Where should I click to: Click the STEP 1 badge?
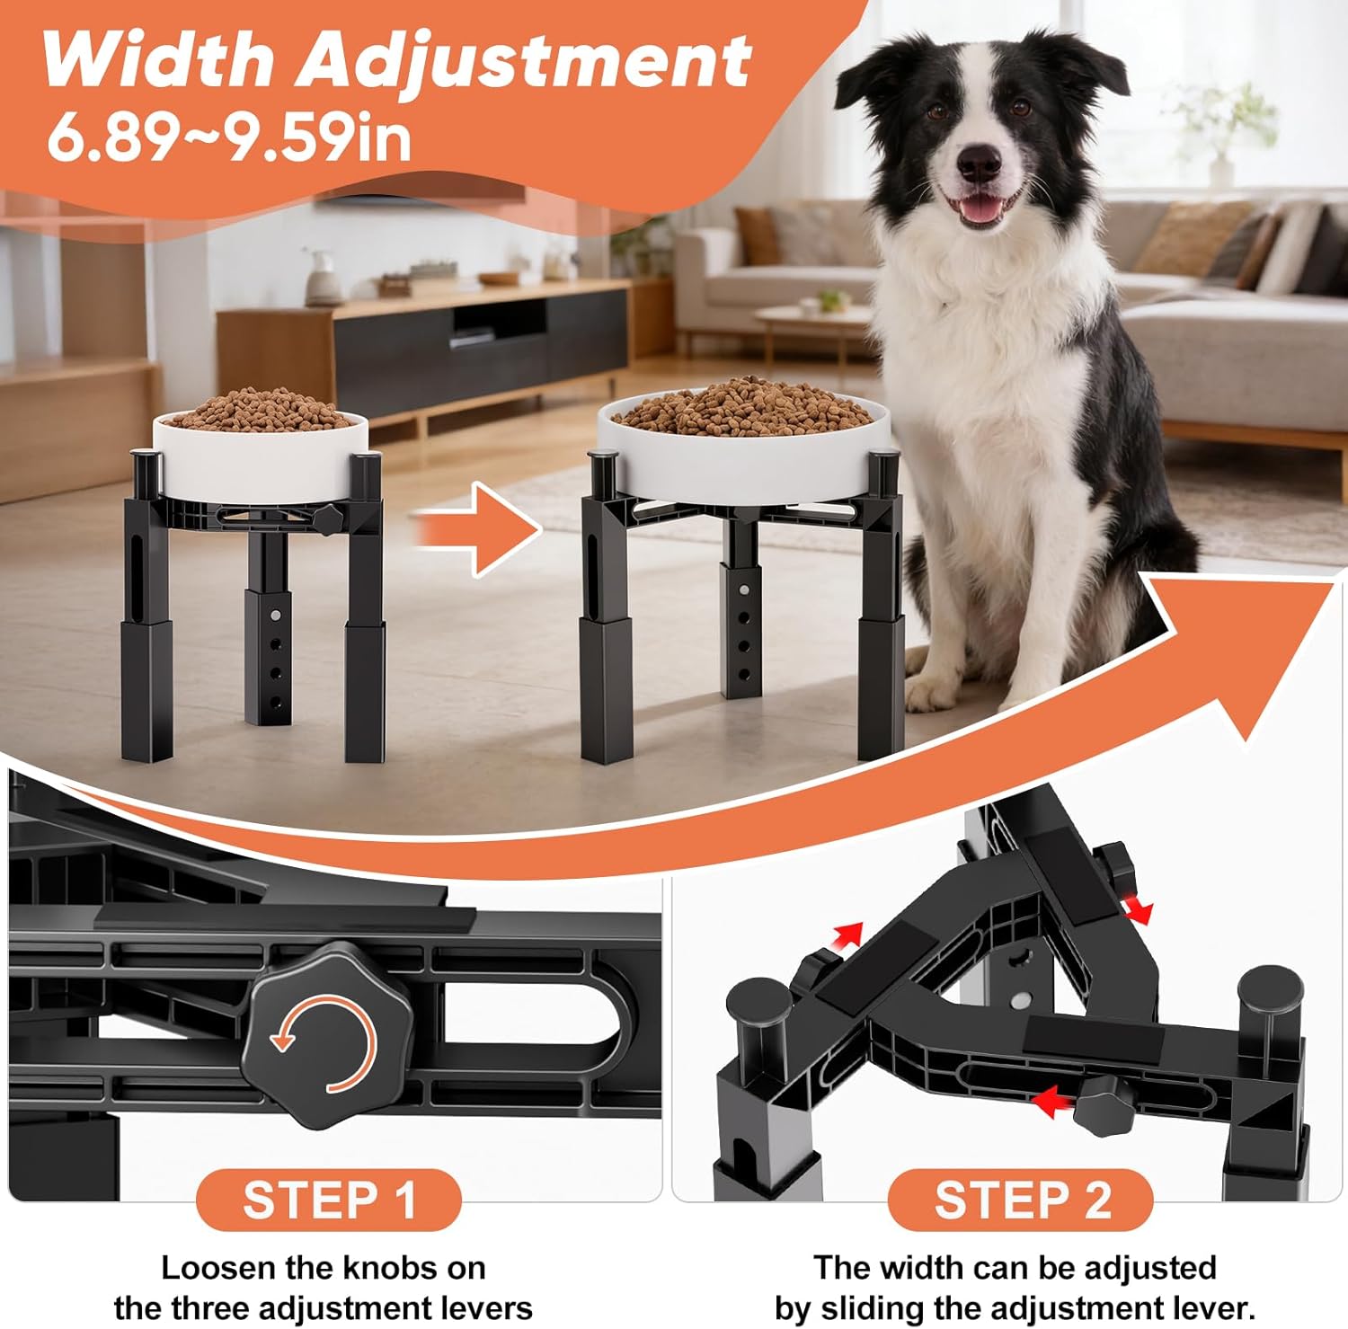[x=328, y=1200]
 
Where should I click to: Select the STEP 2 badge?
[x=1021, y=1200]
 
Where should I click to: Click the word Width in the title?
[x=157, y=60]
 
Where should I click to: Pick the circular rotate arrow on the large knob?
[x=324, y=1044]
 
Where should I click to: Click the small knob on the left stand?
[x=330, y=518]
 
